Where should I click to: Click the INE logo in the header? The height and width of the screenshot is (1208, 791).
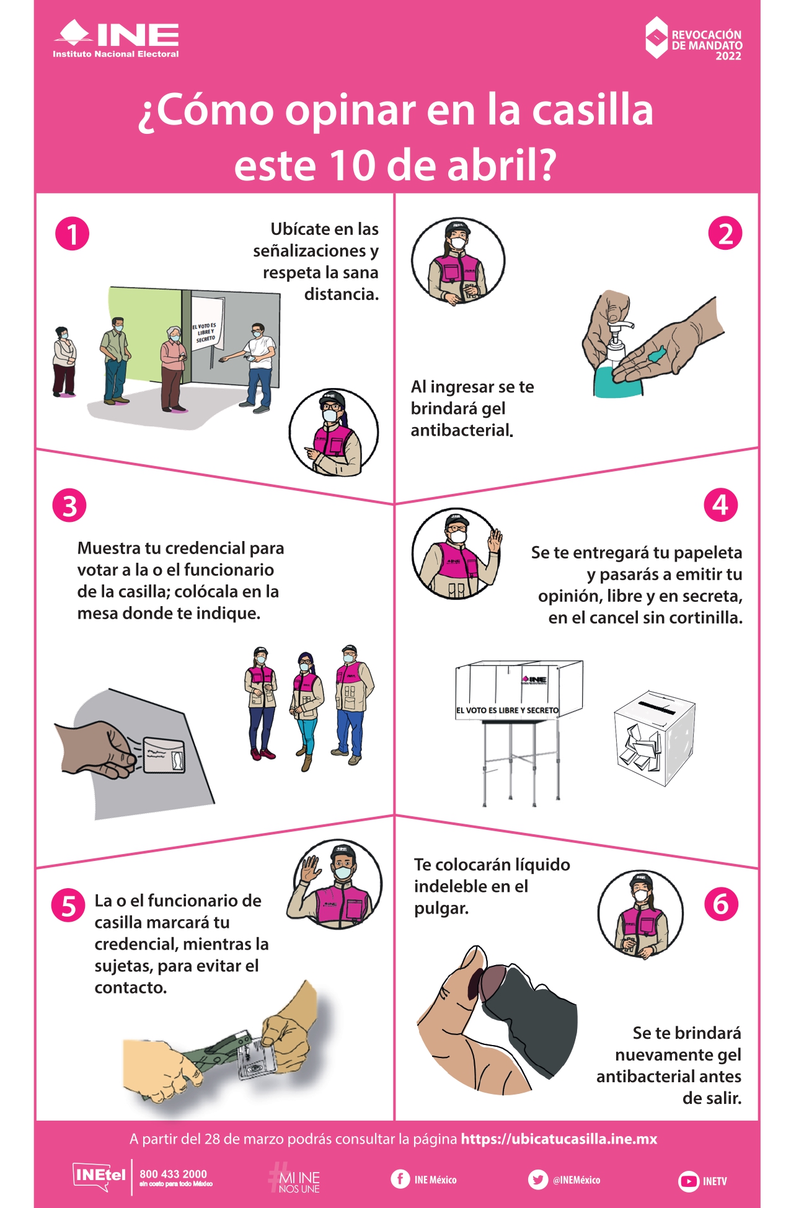[x=116, y=38]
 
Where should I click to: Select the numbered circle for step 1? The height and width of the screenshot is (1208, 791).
[x=72, y=234]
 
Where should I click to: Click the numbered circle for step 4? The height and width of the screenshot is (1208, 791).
[x=720, y=505]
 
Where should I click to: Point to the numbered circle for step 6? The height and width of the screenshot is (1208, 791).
[x=721, y=904]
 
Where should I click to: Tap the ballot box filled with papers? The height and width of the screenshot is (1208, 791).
[x=654, y=738]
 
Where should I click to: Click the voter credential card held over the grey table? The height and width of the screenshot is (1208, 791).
[x=164, y=755]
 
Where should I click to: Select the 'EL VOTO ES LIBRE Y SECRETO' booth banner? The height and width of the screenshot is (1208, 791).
[x=507, y=710]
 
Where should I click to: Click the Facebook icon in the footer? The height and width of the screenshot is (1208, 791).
[x=400, y=1179]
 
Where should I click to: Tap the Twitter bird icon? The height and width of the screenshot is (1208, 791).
[x=537, y=1179]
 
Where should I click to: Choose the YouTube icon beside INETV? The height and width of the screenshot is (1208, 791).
[x=688, y=1181]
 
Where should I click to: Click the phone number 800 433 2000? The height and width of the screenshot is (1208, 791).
[x=173, y=1174]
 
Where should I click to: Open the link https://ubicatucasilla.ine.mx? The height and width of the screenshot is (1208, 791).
[x=559, y=1139]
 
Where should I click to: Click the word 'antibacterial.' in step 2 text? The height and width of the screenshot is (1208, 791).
[x=462, y=430]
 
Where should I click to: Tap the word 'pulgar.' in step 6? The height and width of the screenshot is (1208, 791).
[x=441, y=909]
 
